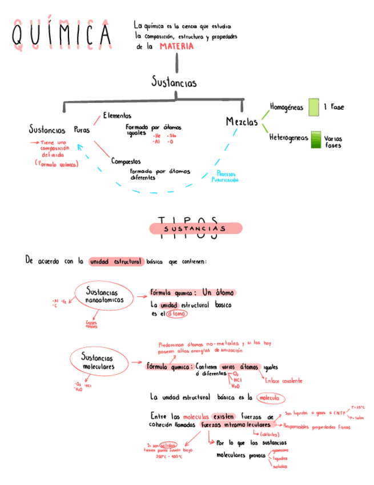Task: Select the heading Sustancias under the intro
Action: (174, 84)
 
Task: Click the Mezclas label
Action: (242, 122)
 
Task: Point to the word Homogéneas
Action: (286, 107)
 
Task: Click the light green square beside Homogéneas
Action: (313, 108)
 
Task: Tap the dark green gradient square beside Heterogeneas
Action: (315, 140)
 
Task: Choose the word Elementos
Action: (117, 116)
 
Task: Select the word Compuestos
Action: (126, 161)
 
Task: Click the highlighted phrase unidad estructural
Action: (115, 261)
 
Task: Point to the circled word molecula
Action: (270, 397)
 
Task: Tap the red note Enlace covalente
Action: (283, 380)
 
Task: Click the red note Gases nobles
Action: (91, 324)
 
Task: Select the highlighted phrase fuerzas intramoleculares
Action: (236, 426)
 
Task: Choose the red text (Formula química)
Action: (56, 164)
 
